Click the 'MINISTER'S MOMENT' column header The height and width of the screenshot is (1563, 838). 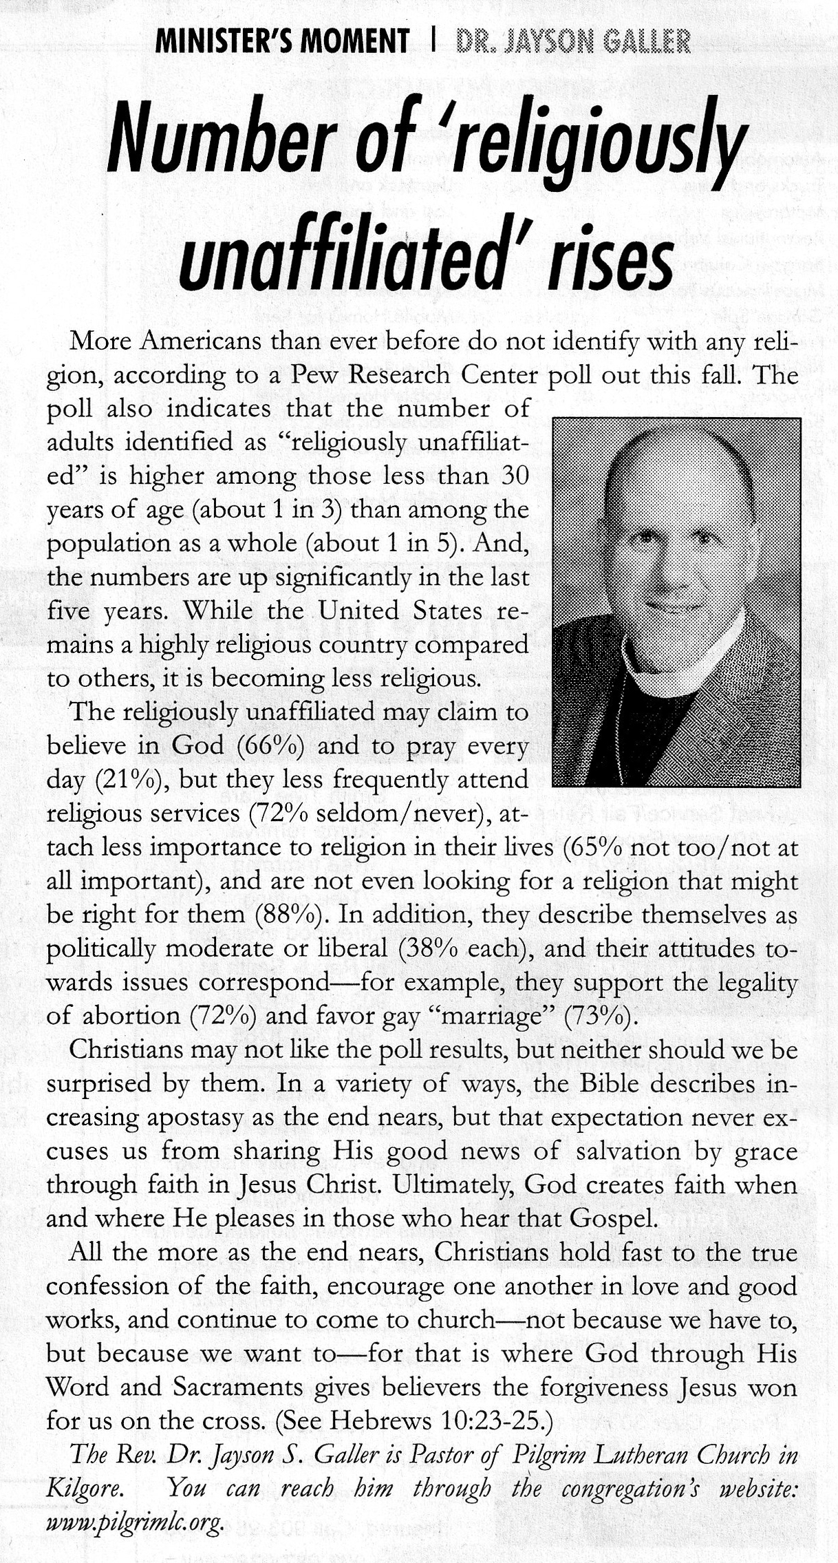point(282,43)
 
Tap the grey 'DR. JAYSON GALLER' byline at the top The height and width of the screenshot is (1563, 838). point(573,43)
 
